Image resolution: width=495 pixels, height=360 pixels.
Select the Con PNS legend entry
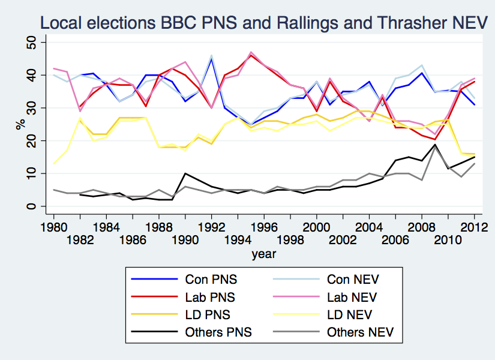click(211, 279)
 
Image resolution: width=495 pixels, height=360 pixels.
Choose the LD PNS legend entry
click(208, 314)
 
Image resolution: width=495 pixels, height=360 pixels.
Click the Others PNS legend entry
click(218, 331)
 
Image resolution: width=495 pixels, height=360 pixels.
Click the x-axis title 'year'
click(264, 254)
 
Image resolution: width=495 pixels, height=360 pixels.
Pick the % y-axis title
click(19, 124)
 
